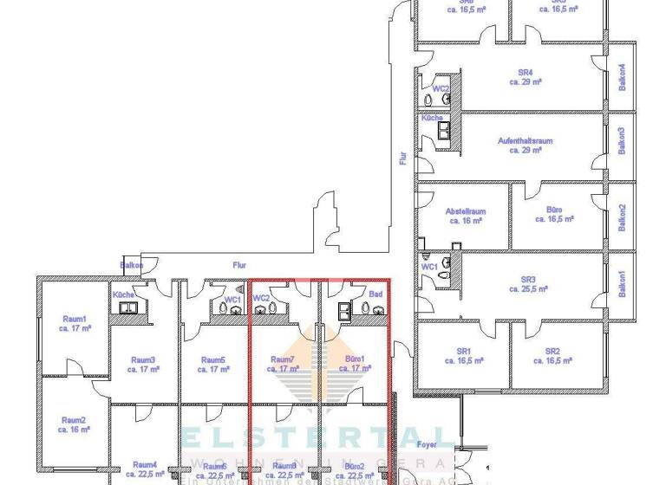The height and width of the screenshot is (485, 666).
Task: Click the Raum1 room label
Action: pyautogui.click(x=73, y=320)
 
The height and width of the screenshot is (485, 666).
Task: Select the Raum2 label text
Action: pyautogui.click(x=73, y=420)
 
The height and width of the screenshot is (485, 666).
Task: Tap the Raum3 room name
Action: pyautogui.click(x=143, y=359)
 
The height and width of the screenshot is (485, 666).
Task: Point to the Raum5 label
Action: pyautogui.click(x=213, y=359)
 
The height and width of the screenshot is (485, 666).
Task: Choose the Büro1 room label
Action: pyautogui.click(x=354, y=359)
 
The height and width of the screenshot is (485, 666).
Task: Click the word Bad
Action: pyautogui.click(x=375, y=295)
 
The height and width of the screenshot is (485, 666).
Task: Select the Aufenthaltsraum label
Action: pyautogui.click(x=525, y=140)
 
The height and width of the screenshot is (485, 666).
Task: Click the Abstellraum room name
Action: pyautogui.click(x=466, y=211)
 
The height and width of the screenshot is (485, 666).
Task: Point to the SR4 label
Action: pyautogui.click(x=525, y=72)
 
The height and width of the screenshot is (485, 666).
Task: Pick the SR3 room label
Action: pyautogui.click(x=528, y=280)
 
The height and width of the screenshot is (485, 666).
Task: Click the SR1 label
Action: pyautogui.click(x=463, y=351)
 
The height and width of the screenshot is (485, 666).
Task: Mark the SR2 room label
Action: pyautogui.click(x=552, y=351)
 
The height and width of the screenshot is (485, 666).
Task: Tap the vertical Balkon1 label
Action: pyautogui.click(x=621, y=285)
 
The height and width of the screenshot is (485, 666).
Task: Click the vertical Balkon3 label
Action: pyautogui.click(x=621, y=140)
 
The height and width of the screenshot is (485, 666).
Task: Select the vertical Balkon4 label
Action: pyautogui.click(x=621, y=75)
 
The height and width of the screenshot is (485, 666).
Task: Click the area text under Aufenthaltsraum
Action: pyautogui.click(x=525, y=150)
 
